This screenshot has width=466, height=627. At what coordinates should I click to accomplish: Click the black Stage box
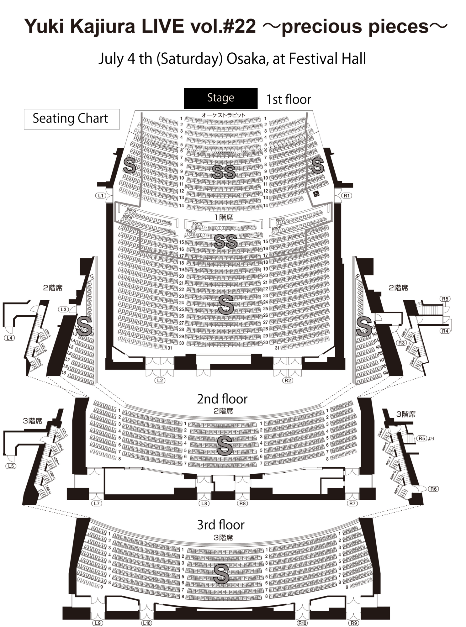(x=220, y=98)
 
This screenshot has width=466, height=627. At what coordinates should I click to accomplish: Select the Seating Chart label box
(x=71, y=119)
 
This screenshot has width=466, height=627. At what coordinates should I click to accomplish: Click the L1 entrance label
(x=101, y=196)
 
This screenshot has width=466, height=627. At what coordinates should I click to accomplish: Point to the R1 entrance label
(x=346, y=196)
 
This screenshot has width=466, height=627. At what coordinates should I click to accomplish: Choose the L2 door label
(x=160, y=380)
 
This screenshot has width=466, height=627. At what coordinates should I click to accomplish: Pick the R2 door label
(x=288, y=380)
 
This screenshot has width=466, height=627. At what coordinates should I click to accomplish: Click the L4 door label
(x=10, y=338)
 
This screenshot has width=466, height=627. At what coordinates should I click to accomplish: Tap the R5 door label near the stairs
(x=445, y=298)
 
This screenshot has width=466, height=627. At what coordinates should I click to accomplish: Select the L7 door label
(x=97, y=503)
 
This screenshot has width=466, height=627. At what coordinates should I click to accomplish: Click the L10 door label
(x=146, y=623)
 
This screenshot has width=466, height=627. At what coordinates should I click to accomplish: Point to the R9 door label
(x=354, y=623)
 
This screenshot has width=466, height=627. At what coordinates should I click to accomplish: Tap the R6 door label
(x=433, y=489)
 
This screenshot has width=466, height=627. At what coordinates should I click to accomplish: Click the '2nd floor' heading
(x=222, y=399)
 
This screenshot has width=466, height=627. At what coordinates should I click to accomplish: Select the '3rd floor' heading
(x=220, y=525)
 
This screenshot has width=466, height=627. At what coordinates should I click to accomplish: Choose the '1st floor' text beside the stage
(x=289, y=99)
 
